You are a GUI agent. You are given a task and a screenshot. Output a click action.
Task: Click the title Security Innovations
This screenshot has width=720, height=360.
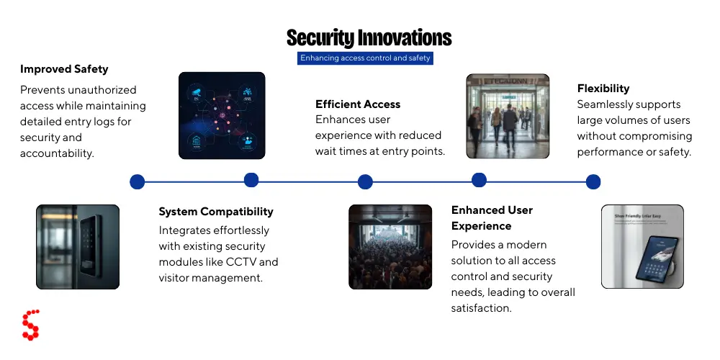[369, 37]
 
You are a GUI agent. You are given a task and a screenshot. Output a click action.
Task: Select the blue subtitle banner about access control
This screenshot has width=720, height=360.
[366, 58]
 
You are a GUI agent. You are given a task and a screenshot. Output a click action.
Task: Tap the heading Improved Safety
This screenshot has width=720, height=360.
[64, 69]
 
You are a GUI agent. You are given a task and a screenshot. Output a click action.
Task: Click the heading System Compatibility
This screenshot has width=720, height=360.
[216, 212]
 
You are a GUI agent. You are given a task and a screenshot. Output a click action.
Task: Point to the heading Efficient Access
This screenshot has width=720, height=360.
[358, 104]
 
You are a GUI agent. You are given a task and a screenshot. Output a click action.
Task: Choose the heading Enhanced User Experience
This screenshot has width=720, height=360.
[492, 217]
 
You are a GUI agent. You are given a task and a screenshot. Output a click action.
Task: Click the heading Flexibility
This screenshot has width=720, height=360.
[603, 89]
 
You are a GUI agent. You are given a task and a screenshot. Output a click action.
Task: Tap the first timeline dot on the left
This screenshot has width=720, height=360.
[138, 182]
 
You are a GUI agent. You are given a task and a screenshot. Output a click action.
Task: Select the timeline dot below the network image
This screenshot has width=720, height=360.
[251, 180]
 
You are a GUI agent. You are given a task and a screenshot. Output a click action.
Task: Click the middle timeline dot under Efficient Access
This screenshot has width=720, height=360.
[365, 182]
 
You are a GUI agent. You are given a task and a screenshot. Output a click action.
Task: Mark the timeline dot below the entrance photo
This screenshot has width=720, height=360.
[479, 180]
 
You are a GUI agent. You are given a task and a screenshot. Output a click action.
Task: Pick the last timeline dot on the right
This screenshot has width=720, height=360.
[593, 182]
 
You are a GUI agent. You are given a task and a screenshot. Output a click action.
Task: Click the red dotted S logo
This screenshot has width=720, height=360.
[30, 325]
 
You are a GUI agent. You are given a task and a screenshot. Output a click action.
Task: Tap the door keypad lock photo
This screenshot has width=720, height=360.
[78, 246]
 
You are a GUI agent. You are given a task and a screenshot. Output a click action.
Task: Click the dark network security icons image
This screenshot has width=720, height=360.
[222, 115]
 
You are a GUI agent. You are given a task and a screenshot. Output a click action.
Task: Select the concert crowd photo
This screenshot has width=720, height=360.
[390, 246]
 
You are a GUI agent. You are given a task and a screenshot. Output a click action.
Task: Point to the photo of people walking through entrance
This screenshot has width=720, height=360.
[508, 116]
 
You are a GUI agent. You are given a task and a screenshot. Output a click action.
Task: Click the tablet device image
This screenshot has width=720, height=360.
[642, 246]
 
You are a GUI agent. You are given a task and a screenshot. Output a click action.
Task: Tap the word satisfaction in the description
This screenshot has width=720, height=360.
[481, 308]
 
